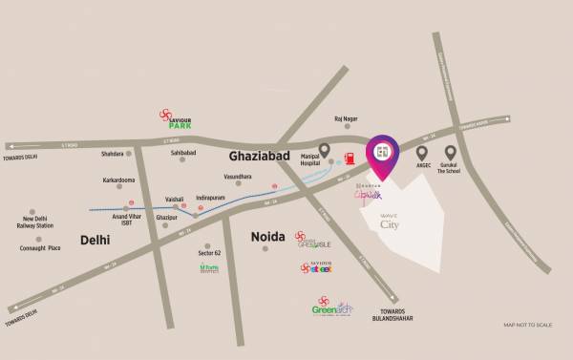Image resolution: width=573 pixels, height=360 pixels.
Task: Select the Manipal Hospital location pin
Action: coord(325,151)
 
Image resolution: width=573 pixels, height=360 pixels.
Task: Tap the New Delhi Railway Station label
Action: coord(42,225)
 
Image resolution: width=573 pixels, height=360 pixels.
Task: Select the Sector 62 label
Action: coord(210,252)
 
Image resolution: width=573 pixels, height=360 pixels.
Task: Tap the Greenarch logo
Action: coord(334,308)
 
